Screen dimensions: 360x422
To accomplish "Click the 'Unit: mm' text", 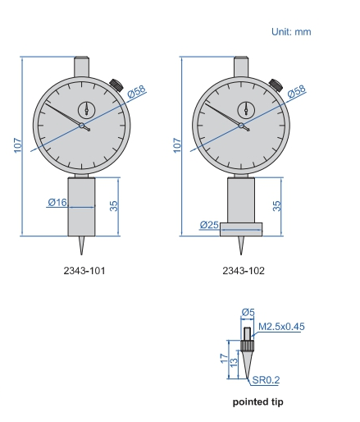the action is tap(291, 32).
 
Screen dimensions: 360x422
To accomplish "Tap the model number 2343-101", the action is tap(84, 271).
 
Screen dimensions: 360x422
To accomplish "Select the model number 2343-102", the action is tap(244, 271).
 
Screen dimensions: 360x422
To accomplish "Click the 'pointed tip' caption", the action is tap(257, 401).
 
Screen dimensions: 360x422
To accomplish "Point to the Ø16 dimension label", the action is tap(57, 202).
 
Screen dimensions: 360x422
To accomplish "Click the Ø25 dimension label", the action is tap(209, 225).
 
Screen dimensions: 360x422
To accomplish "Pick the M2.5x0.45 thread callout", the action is tap(281, 327).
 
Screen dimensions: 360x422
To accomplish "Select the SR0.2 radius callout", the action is tap(266, 380).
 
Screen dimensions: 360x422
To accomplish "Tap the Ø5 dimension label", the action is tap(248, 312).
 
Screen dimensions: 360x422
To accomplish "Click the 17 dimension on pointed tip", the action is tap(224, 359).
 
